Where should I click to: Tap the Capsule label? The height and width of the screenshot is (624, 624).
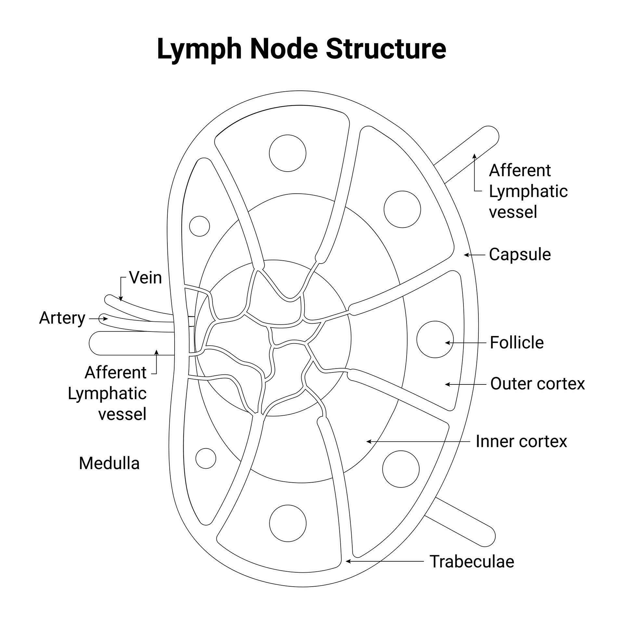520,254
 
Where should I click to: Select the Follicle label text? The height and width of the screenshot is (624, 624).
516,343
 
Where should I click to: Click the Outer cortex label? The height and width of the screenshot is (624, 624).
537,383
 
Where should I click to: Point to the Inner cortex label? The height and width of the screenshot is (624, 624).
521,441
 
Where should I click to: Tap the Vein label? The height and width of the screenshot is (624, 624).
145,278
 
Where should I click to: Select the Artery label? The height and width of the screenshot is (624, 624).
62,318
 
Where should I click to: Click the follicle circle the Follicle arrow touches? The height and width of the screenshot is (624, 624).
435,339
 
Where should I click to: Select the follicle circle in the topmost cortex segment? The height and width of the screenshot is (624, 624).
288,153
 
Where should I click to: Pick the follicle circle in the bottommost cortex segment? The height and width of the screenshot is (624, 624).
288,523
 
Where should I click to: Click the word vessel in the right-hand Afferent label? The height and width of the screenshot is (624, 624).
513,212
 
